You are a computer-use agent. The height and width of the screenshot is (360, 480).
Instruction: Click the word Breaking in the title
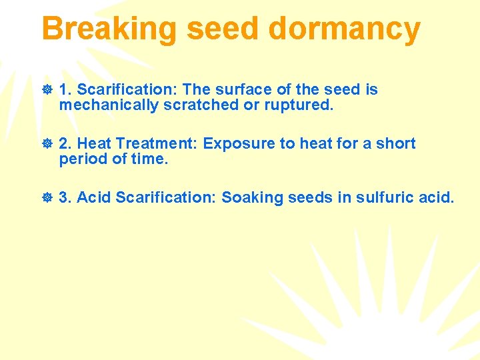pyautogui.click(x=109, y=29)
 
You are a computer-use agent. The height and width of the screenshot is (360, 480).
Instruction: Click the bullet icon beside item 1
pyautogui.click(x=47, y=90)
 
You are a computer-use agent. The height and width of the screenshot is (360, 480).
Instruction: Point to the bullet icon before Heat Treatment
pyautogui.click(x=47, y=144)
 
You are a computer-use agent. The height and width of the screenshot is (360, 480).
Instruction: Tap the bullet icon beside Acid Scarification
pyautogui.click(x=47, y=198)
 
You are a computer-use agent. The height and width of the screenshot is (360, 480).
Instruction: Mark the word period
pyautogui.click(x=80, y=159)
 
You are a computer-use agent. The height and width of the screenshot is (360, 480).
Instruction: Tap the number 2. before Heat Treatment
pyautogui.click(x=65, y=143)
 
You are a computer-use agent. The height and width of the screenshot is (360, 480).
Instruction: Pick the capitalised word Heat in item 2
pyautogui.click(x=94, y=143)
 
